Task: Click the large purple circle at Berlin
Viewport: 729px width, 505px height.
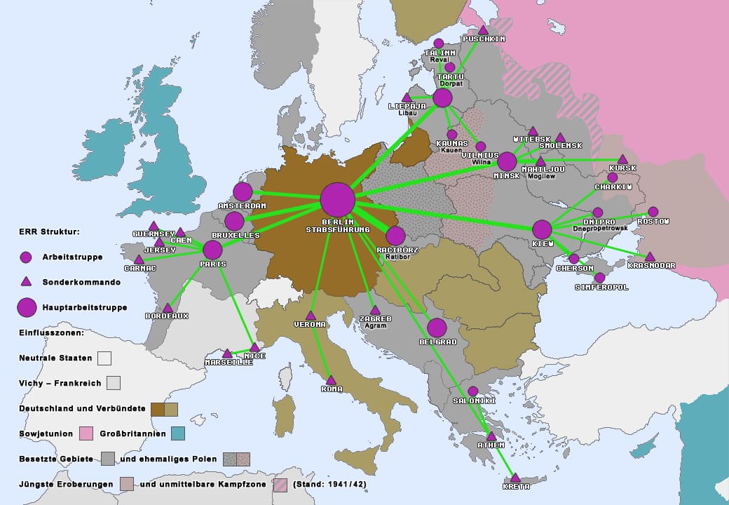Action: point(338,199)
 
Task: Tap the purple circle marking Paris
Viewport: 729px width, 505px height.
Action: point(212,250)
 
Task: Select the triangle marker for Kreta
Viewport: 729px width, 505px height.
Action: point(515,478)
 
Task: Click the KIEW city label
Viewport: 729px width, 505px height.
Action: point(543,243)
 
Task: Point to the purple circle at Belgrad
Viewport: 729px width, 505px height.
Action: point(437,328)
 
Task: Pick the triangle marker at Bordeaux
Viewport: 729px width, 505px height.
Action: point(168,308)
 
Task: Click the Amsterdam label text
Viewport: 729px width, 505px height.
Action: point(242,206)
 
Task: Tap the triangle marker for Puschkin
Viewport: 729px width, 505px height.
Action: point(483,30)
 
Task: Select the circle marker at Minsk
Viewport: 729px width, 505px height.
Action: point(507,161)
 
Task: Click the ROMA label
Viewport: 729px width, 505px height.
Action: point(332,389)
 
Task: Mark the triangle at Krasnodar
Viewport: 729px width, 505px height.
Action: point(650,257)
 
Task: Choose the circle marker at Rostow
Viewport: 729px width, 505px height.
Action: point(653,212)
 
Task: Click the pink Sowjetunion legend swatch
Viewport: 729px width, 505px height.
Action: point(86,433)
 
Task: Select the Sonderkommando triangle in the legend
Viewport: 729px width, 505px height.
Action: point(26,282)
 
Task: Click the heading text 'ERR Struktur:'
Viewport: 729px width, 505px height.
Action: point(49,231)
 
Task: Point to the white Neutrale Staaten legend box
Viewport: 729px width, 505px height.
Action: point(104,358)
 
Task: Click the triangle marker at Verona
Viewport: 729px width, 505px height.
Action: point(311,316)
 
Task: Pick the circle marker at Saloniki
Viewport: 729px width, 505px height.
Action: point(473,391)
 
